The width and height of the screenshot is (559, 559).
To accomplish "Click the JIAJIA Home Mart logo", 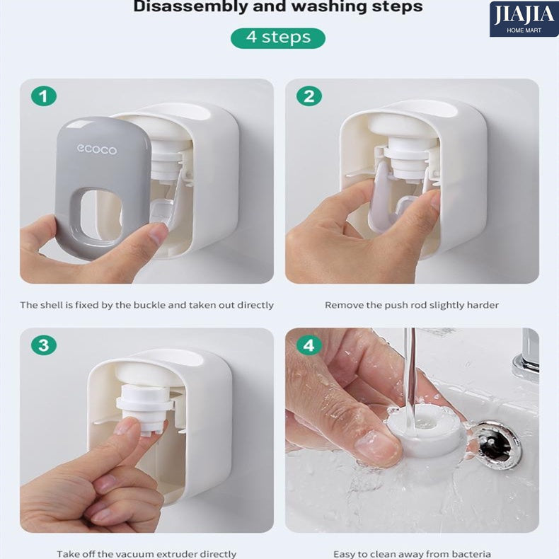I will click(524, 19).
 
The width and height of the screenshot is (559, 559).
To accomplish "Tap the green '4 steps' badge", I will click(278, 38).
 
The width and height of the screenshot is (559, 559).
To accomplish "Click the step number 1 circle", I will click(44, 96).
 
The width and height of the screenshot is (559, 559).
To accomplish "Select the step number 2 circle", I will click(309, 96).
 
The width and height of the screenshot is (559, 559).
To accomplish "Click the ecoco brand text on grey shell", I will click(97, 149).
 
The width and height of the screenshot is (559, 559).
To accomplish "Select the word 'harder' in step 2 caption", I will click(483, 305).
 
